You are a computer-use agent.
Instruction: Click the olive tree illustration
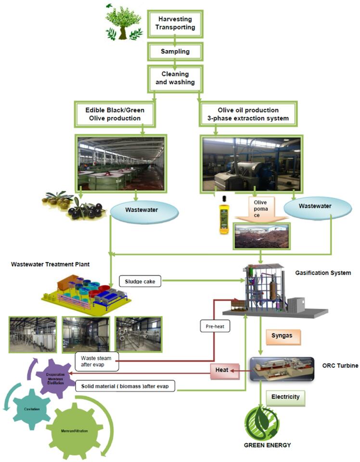124,24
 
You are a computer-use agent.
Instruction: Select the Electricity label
285,397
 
